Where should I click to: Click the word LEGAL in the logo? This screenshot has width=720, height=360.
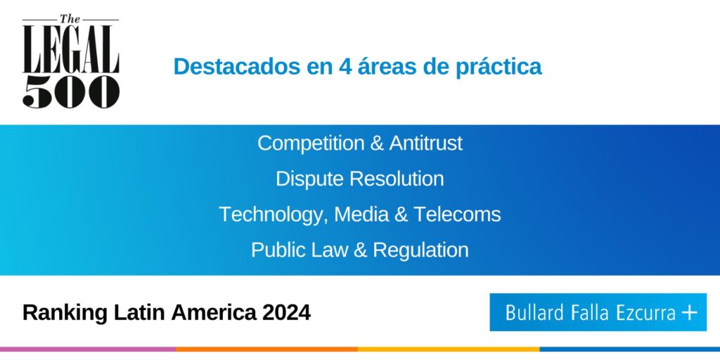pyautogui.click(x=71, y=49)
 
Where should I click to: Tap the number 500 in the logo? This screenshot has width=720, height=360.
pyautogui.click(x=71, y=92)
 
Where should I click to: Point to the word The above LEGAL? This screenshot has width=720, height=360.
pyautogui.click(x=71, y=19)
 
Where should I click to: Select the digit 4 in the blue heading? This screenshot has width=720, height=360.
pyautogui.click(x=345, y=67)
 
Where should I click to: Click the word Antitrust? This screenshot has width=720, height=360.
pyautogui.click(x=425, y=143)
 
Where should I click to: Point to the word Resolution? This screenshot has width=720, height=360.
pyautogui.click(x=395, y=179)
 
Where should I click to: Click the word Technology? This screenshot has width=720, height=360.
pyautogui.click(x=274, y=214)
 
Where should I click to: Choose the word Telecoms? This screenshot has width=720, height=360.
pyautogui.click(x=457, y=214)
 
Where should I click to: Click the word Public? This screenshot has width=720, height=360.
pyautogui.click(x=276, y=250)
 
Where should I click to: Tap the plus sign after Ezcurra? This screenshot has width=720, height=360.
pyautogui.click(x=689, y=313)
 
